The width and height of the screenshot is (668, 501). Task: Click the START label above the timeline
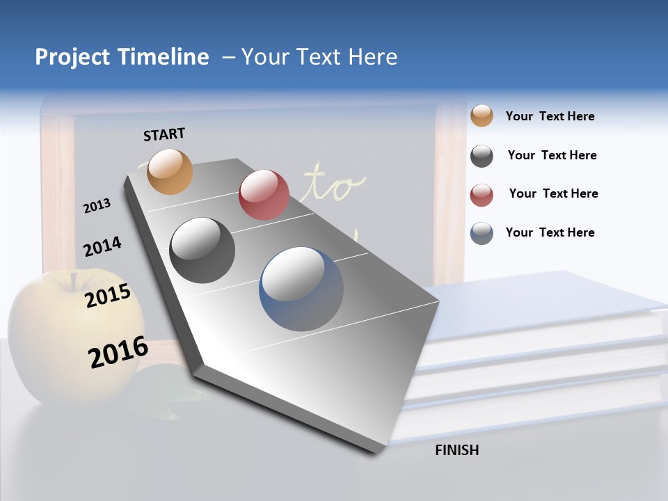pos(164,134)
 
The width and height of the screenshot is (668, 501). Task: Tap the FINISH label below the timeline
pos(456,450)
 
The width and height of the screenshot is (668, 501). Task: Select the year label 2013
pos(97,206)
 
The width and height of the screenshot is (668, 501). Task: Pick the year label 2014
pos(102,246)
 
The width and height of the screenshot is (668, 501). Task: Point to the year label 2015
pos(108,296)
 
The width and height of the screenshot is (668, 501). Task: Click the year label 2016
pos(118,352)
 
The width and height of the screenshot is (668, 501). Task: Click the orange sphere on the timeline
pos(170,172)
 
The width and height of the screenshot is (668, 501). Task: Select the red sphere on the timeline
pos(264,195)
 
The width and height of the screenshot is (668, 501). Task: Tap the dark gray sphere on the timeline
pos(202,250)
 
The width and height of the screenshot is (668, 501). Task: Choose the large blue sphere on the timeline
pos(301,289)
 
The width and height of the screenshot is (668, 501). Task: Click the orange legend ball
pos(482,116)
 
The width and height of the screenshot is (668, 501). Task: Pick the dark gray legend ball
pos(482,156)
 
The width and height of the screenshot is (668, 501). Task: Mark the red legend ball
pos(482,195)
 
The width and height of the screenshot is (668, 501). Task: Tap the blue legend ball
pos(482,233)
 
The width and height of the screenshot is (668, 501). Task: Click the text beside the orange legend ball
pos(550,117)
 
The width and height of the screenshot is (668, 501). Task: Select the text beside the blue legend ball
pos(550,232)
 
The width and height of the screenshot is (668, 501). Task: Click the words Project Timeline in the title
pos(122,57)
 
